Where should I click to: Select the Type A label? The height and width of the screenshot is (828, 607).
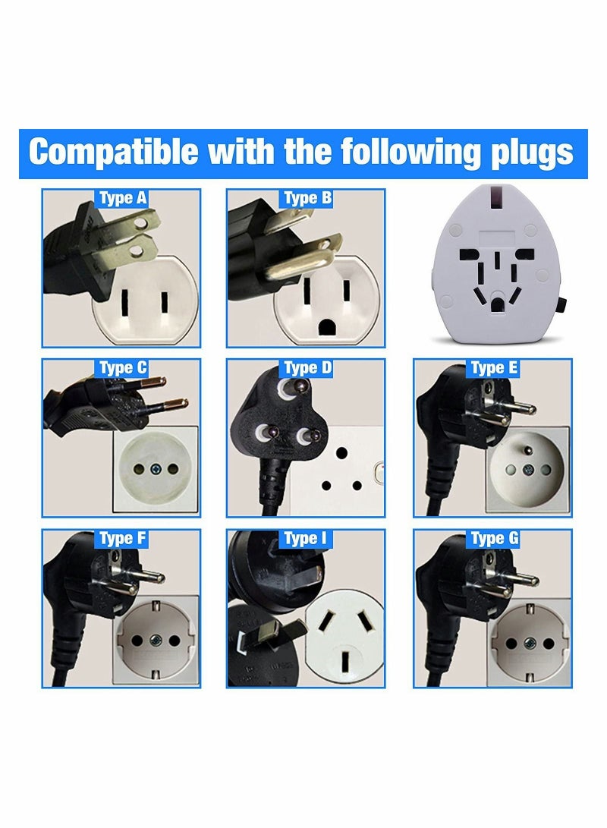[x=123, y=199]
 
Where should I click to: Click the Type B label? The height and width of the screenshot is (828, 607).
[x=307, y=199]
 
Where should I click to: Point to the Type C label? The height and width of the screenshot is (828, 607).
[x=123, y=369]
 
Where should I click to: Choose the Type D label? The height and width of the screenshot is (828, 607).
[x=307, y=369]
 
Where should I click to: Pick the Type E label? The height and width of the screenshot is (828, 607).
[x=494, y=369]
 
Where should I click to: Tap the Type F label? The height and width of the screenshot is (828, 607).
[x=123, y=539]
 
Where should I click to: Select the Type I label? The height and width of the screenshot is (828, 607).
[x=307, y=539]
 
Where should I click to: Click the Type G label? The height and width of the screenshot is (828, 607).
[x=494, y=539]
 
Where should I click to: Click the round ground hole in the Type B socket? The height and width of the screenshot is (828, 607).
[x=329, y=326]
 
